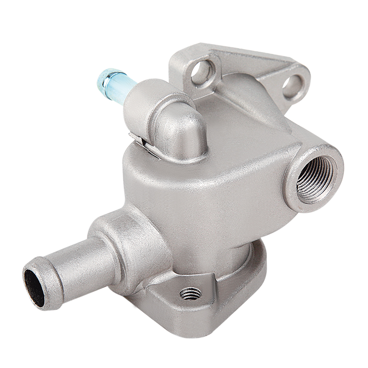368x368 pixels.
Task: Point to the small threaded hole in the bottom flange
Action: tap(190, 293)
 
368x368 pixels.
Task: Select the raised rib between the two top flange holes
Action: tap(248, 64)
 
